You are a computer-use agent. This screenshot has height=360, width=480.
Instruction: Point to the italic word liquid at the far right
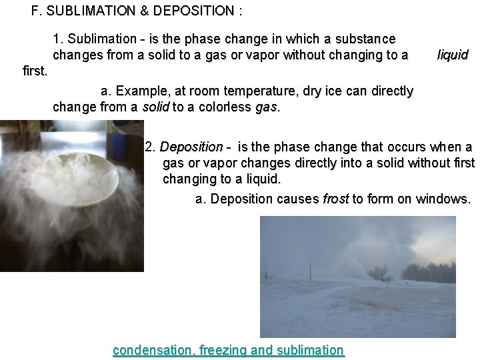(453, 55)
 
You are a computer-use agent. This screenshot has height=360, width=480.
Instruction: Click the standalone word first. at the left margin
(35, 70)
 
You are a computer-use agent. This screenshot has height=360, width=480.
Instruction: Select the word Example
(139, 91)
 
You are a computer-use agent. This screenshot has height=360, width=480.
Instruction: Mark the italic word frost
(336, 199)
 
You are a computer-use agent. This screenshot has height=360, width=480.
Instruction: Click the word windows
(446, 199)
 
